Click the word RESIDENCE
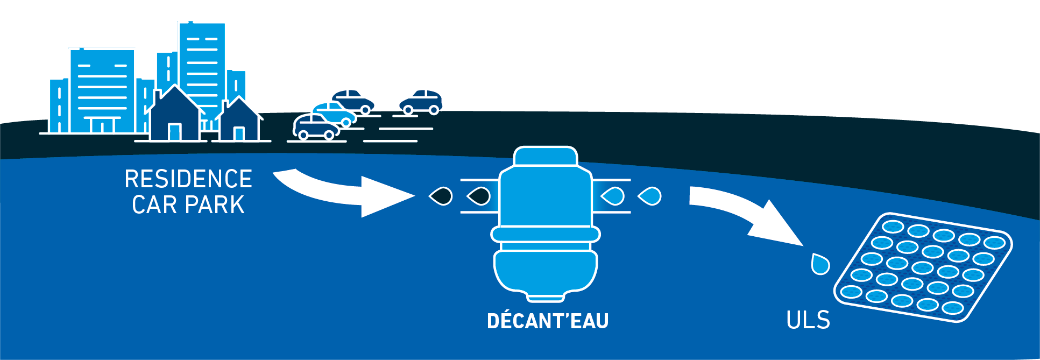click(x=188, y=179)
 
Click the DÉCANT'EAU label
click(x=547, y=321)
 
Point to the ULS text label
click(x=808, y=320)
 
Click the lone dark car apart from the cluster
click(x=421, y=102)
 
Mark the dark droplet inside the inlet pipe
click(x=479, y=196)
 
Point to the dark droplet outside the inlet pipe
click(x=441, y=196)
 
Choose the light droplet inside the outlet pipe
click(x=613, y=196)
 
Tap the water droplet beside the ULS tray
click(x=820, y=264)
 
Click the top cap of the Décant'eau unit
click(x=546, y=156)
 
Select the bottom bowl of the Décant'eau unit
click(x=546, y=272)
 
